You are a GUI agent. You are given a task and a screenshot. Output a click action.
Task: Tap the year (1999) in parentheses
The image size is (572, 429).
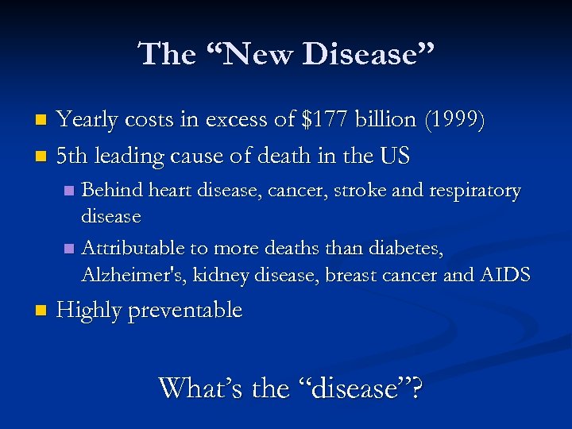tap(455, 120)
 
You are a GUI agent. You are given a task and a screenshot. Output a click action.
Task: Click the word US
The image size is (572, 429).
tap(395, 157)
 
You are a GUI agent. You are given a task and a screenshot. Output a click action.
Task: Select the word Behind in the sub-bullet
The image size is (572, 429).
tap(109, 191)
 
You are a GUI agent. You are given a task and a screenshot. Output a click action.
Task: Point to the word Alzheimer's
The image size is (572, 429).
tap(130, 275)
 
